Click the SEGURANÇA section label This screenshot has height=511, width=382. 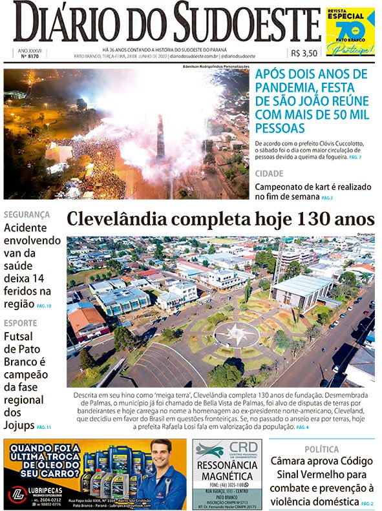[x=27, y=214]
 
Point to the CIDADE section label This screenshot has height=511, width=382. [x=269, y=174]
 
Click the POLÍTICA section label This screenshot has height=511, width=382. [x=322, y=449]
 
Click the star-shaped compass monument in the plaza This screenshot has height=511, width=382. [x=237, y=334]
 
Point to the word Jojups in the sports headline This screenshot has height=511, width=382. [x=19, y=426]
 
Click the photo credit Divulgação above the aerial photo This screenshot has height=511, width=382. [x=365, y=233]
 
